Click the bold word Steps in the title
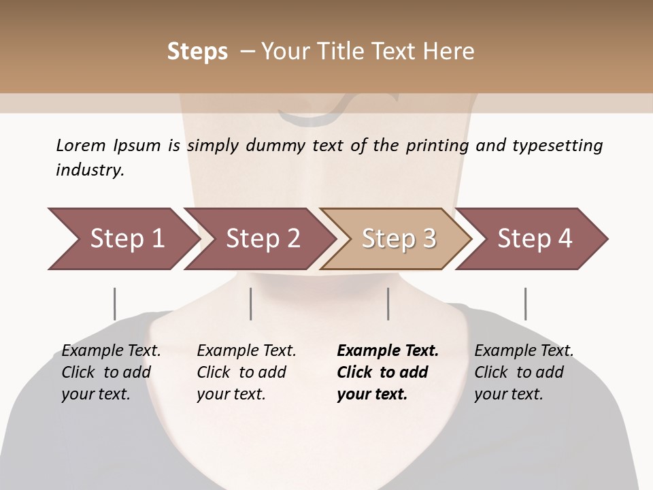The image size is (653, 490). click(197, 52)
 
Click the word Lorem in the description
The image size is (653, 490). click(81, 146)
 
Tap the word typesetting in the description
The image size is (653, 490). click(557, 146)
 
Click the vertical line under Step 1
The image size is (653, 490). click(115, 304)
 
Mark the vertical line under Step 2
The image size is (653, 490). click(251, 304)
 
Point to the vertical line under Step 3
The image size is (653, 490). click(388, 304)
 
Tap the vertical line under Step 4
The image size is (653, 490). click(525, 304)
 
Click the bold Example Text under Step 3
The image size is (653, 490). click(388, 351)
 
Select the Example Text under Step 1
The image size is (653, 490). click(111, 351)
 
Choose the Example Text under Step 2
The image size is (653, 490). click(246, 351)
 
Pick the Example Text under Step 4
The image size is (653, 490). click(524, 351)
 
